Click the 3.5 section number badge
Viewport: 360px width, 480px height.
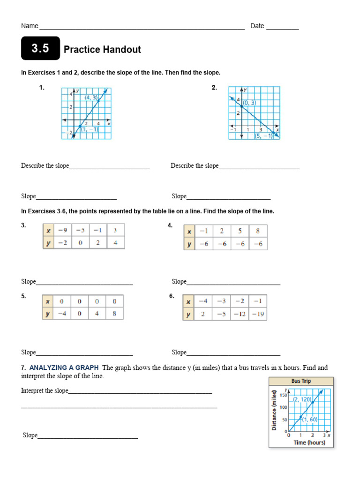tap(40, 48)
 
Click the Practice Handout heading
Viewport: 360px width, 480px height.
tap(102, 50)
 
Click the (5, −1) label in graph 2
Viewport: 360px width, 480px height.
tap(263, 136)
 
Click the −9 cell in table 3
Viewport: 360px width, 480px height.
tap(62, 231)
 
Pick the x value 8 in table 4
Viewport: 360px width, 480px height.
tap(257, 231)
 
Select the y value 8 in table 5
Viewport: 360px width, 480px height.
tap(114, 314)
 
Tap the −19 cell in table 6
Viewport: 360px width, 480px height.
tap(257, 314)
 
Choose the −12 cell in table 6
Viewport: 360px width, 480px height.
tap(240, 314)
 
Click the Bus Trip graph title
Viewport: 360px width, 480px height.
tap(301, 381)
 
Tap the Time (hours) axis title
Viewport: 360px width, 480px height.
tap(309, 442)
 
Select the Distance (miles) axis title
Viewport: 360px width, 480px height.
tap(274, 410)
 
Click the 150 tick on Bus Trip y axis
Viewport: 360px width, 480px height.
tap(283, 395)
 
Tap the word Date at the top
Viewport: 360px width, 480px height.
tap(257, 26)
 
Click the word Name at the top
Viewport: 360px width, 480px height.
tap(30, 26)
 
